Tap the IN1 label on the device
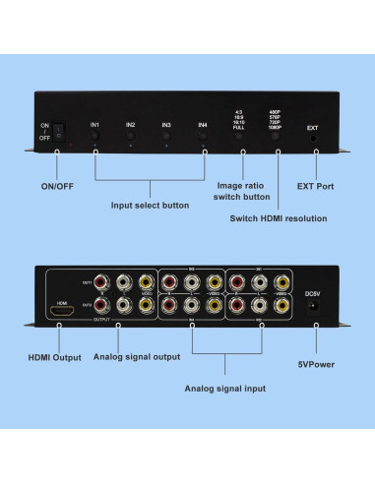coord(95,125)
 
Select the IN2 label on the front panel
coord(131,125)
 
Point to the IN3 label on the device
coord(166,125)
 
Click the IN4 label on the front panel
coord(202,125)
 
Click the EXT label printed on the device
coord(313,128)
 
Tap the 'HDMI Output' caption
coord(54,357)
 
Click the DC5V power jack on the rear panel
coord(315,309)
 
